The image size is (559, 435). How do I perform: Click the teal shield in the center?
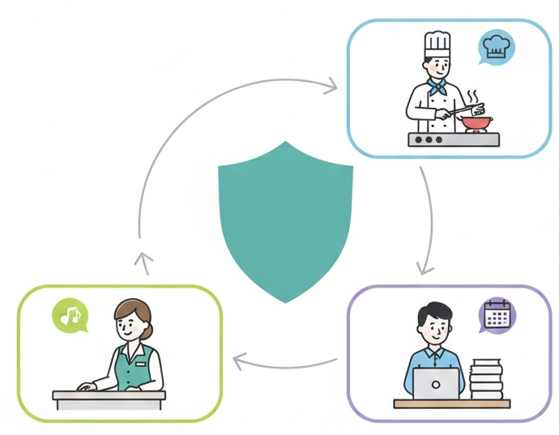tap(285, 219)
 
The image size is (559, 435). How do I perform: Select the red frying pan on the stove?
tap(476, 122)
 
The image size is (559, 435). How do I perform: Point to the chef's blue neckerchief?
tap(438, 87)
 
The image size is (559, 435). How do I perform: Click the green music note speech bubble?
tap(71, 314)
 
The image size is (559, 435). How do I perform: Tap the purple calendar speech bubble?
tap(496, 314)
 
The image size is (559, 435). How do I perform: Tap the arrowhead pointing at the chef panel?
tap(331, 83)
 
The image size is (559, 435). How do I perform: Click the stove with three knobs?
tap(453, 139)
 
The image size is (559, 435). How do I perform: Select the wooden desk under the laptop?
tap(451, 403)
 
